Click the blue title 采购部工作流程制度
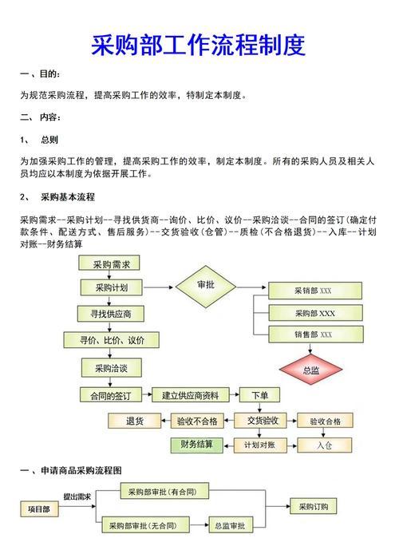(x=198, y=45)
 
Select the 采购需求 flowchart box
(x=109, y=263)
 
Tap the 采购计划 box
(x=112, y=287)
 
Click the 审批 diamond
(x=206, y=287)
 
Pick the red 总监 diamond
(x=310, y=370)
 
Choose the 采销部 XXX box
(x=315, y=291)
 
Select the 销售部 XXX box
(x=316, y=334)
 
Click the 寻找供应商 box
(x=110, y=314)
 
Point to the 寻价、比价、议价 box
(x=111, y=340)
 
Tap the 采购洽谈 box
(x=111, y=368)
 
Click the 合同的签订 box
(x=111, y=395)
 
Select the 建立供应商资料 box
(x=191, y=394)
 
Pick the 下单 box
(x=259, y=394)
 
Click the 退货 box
(x=135, y=421)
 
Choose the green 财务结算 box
(x=196, y=445)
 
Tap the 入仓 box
(x=325, y=445)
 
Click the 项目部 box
(x=39, y=508)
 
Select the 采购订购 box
(x=313, y=506)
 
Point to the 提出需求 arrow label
(x=77, y=497)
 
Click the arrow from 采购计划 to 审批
(x=159, y=287)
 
